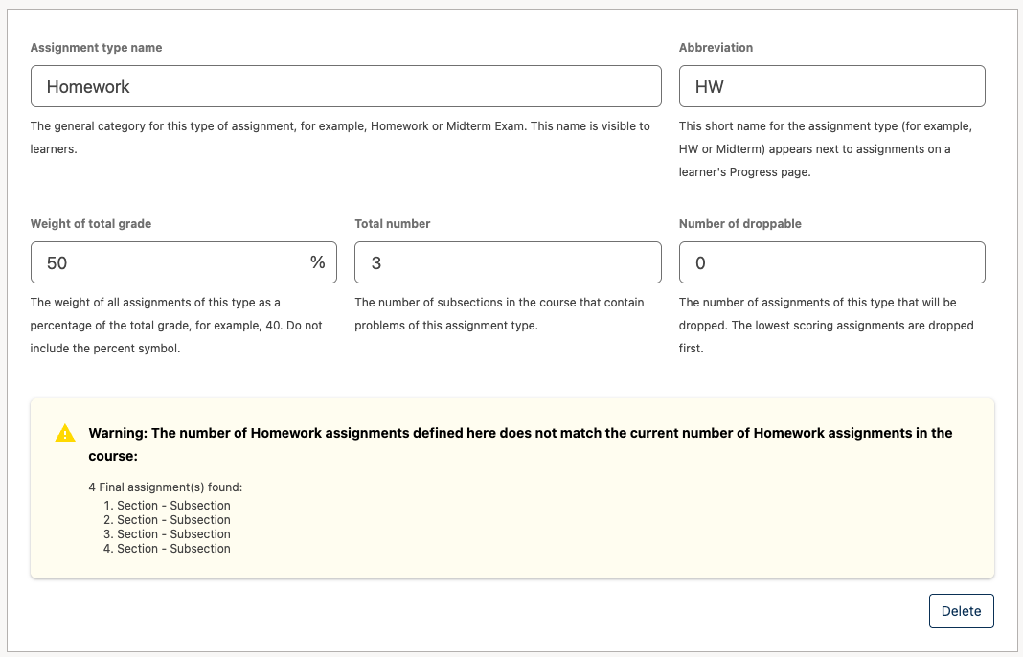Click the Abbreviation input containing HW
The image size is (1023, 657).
[831, 86]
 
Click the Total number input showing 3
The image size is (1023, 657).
[508, 262]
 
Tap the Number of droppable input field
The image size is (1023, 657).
[831, 262]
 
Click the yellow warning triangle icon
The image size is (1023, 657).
[65, 434]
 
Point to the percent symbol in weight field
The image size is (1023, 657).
[317, 262]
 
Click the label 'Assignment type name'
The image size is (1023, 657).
[96, 48]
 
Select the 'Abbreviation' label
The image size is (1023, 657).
[716, 48]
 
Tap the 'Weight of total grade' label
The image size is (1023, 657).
[91, 224]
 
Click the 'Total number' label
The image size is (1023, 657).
[393, 224]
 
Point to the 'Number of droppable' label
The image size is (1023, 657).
[740, 224]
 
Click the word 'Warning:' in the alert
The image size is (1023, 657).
[118, 433]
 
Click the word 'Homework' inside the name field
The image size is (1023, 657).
[88, 87]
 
